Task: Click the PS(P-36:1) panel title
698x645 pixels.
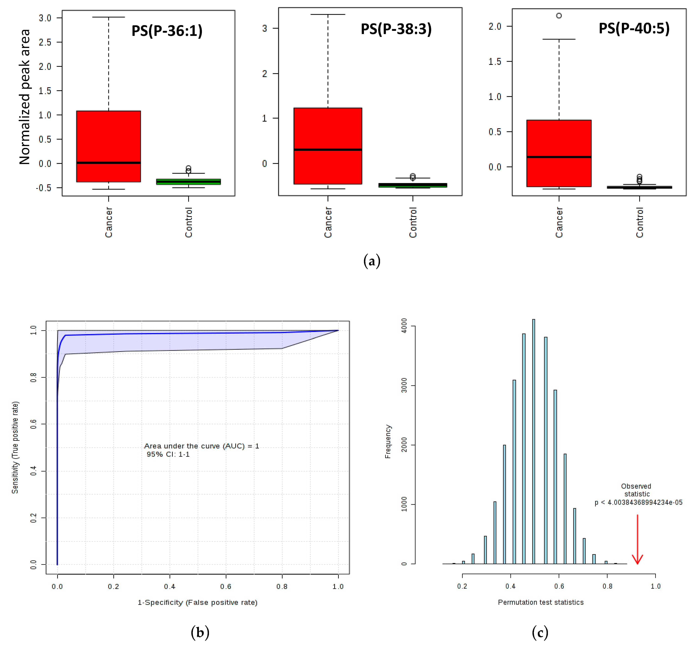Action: click(167, 31)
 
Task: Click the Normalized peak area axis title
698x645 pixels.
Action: click(24, 97)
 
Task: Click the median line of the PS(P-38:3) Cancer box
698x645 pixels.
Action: click(328, 149)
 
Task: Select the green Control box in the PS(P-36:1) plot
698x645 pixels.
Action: click(189, 181)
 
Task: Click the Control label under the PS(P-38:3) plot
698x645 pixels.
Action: click(413, 222)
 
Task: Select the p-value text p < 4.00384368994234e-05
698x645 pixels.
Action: click(638, 502)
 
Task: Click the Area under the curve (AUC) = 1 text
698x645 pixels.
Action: click(201, 446)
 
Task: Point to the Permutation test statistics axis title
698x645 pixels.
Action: click(541, 602)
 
